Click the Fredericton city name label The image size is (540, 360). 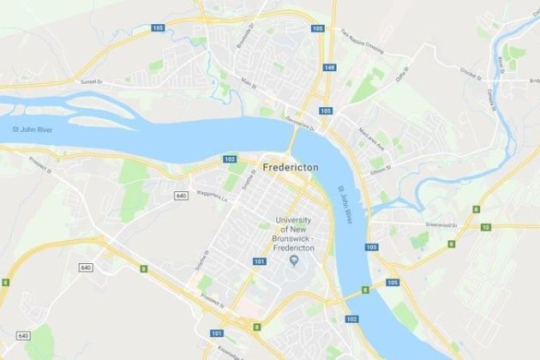coord(291,169)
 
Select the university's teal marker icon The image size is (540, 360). coord(294,260)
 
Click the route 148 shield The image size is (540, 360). coord(330,68)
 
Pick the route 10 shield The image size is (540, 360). coord(486,227)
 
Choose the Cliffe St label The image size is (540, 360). coord(401,77)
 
